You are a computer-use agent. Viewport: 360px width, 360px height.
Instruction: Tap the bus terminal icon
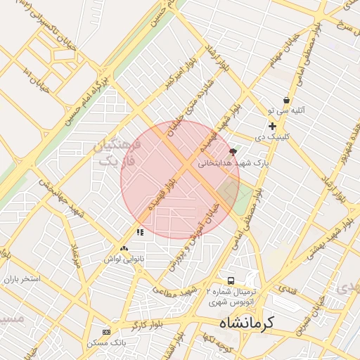(x=231, y=281)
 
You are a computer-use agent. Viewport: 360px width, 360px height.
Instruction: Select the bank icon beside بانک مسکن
(x=107, y=332)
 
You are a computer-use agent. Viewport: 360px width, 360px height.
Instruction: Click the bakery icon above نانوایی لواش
(x=124, y=248)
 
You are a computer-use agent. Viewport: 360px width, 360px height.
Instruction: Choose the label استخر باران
(x=22, y=279)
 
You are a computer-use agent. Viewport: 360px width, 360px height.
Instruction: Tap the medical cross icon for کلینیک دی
(x=272, y=126)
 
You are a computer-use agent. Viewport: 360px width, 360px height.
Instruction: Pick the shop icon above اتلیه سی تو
(x=287, y=101)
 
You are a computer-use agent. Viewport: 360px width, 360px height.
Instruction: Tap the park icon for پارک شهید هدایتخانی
(x=233, y=151)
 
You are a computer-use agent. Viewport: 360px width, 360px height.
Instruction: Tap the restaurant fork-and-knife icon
(x=141, y=231)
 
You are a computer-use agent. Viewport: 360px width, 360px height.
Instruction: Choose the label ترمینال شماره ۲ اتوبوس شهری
(x=232, y=296)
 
